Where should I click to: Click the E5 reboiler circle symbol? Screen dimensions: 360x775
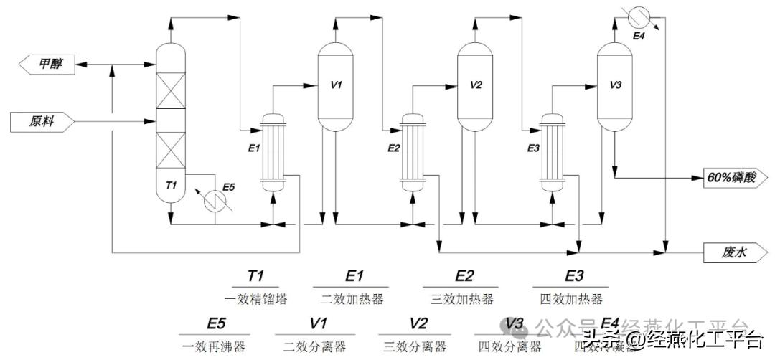214,201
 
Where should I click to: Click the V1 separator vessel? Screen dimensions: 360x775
336,86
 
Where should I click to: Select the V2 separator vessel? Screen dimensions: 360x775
476,86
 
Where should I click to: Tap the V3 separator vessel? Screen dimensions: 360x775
615,86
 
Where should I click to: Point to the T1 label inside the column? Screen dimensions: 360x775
171,186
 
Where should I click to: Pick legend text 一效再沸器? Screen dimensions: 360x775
215,347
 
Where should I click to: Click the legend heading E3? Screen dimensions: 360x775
574,276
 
